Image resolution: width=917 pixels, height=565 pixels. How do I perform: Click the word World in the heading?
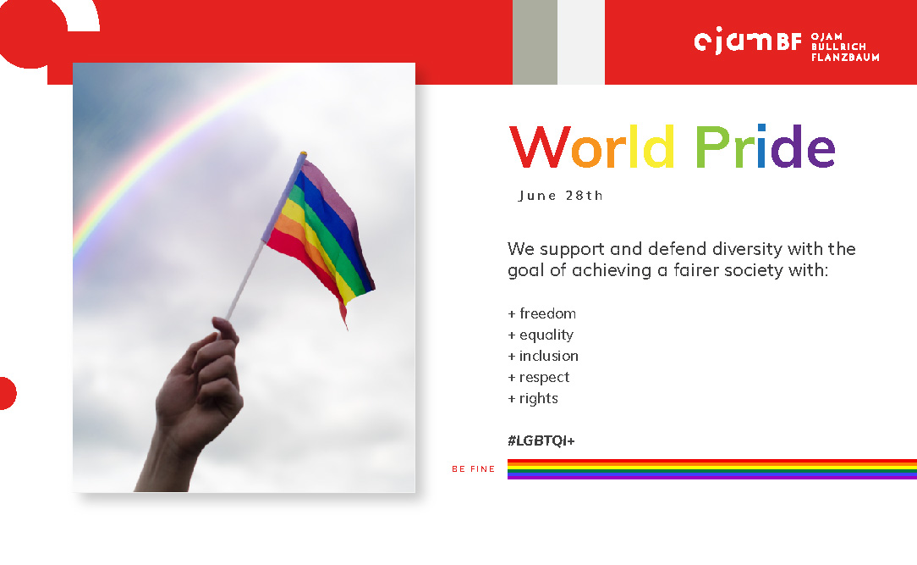592,147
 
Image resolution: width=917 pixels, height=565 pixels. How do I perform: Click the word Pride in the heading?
765,147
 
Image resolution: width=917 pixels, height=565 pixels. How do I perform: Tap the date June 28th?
560,196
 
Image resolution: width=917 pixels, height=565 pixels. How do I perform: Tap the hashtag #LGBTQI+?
541,440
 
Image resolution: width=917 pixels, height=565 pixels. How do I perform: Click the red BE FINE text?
474,469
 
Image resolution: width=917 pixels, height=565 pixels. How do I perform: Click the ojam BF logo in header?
748,41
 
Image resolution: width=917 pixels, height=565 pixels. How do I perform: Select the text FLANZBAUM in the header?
845,58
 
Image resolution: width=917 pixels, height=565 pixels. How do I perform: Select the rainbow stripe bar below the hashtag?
712,469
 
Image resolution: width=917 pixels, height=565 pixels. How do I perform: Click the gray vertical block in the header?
535,42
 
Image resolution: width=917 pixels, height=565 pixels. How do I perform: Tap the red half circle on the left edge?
8,393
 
